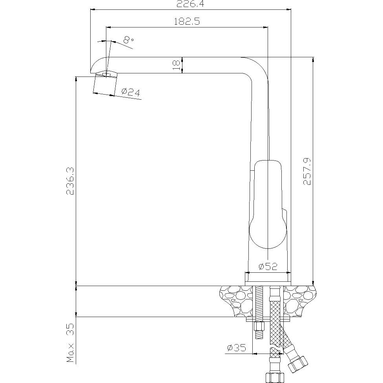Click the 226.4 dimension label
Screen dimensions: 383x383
pyautogui.click(x=190, y=4)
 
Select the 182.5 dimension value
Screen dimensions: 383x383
pyautogui.click(x=187, y=22)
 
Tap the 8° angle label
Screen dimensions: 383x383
pyautogui.click(x=128, y=39)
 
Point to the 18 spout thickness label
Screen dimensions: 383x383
pyautogui.click(x=176, y=65)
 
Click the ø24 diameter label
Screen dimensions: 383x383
pyautogui.click(x=131, y=92)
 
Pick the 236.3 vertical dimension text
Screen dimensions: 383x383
pyautogui.click(x=70, y=181)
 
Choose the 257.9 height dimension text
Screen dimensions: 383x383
pyautogui.click(x=307, y=171)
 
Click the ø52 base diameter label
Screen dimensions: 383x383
pyautogui.click(x=268, y=266)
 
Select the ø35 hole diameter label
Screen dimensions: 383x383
pyautogui.click(x=237, y=347)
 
